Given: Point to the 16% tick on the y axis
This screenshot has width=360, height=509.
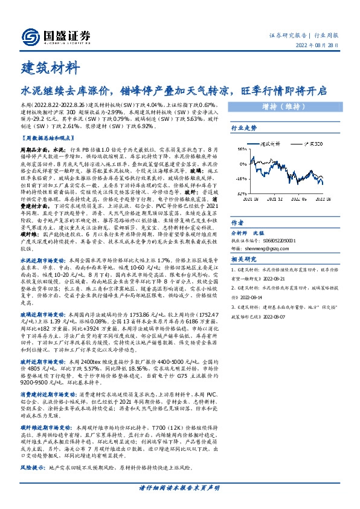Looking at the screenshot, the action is pos(240,150).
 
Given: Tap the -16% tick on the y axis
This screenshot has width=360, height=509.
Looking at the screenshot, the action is pos(239,179).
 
